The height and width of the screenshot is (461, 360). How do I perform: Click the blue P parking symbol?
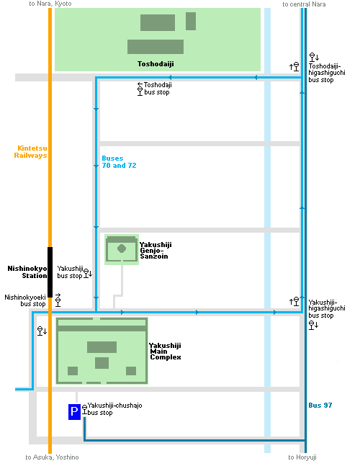(x=74, y=411)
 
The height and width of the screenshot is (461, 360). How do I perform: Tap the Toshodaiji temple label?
(x=156, y=64)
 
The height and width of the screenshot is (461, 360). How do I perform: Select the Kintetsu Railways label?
(x=30, y=152)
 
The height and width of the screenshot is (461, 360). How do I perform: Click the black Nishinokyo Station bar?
(x=50, y=272)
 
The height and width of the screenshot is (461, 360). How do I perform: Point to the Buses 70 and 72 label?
(x=119, y=161)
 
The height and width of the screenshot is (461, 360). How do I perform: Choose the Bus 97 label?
(x=320, y=405)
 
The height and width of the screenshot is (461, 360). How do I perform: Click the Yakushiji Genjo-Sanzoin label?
(x=156, y=251)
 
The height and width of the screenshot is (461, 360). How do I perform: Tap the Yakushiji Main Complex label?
(x=165, y=352)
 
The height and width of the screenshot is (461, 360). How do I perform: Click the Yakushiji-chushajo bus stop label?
(x=114, y=409)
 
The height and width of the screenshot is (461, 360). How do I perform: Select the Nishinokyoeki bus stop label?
(x=25, y=300)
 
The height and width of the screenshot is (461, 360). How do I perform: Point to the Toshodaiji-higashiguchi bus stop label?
(x=326, y=73)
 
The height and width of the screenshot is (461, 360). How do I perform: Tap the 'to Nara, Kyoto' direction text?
(x=50, y=4)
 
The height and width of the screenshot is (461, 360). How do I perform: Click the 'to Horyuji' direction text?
(x=302, y=457)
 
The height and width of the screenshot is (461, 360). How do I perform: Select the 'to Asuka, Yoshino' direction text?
(x=52, y=457)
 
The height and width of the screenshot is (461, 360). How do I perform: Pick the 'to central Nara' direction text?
(x=304, y=4)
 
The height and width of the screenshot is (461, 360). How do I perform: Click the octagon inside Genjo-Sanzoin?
(x=122, y=249)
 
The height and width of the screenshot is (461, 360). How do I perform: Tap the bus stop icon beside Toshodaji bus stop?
(x=140, y=91)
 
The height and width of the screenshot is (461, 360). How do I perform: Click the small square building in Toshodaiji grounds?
(x=191, y=21)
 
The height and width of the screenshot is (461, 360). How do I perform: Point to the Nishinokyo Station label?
(x=27, y=272)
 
